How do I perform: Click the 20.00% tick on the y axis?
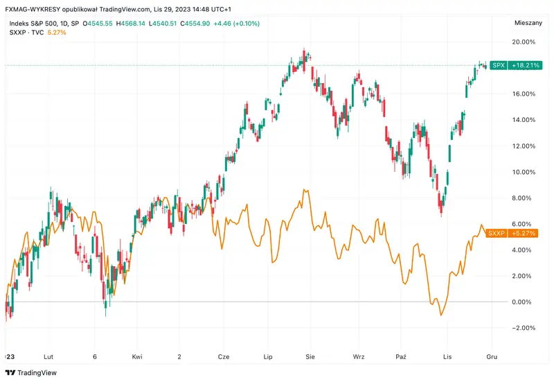524,42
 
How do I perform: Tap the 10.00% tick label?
524,172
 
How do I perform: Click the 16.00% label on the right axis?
524,94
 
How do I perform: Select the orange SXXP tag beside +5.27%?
497,233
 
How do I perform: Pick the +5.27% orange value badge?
524,233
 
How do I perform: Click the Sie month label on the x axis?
310,356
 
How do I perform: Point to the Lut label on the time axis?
48,356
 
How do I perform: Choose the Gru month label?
491,356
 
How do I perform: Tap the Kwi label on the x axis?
137,356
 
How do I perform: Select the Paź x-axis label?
400,356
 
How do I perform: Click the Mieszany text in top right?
528,22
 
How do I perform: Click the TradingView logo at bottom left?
32,372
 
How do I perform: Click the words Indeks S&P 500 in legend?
33,23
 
